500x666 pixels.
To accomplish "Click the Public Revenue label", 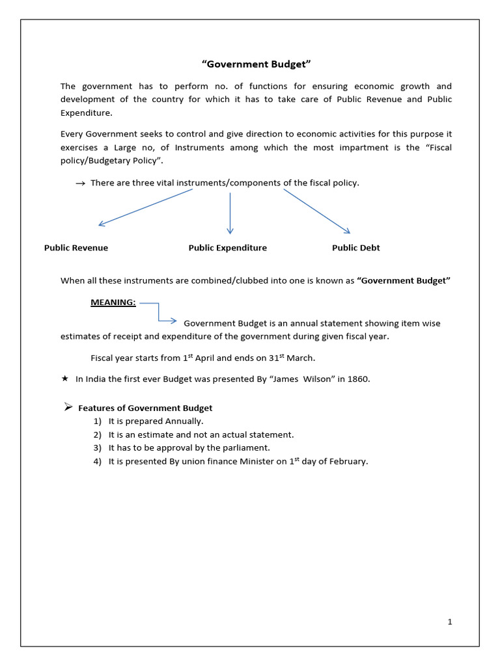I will tap(76, 248).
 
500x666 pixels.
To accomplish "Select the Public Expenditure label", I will tap(228, 248).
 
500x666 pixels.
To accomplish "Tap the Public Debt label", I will tap(356, 248).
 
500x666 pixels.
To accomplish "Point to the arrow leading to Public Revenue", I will tap(145, 207).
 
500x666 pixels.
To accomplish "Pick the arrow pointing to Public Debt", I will tap(316, 211).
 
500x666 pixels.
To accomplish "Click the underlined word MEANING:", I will tap(113, 303).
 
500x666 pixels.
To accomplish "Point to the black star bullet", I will tap(64, 379).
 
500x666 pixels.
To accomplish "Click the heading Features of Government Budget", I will tap(145, 408).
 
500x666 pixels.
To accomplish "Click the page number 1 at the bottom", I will tap(449, 622).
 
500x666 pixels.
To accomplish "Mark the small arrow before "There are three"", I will tap(80, 184).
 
